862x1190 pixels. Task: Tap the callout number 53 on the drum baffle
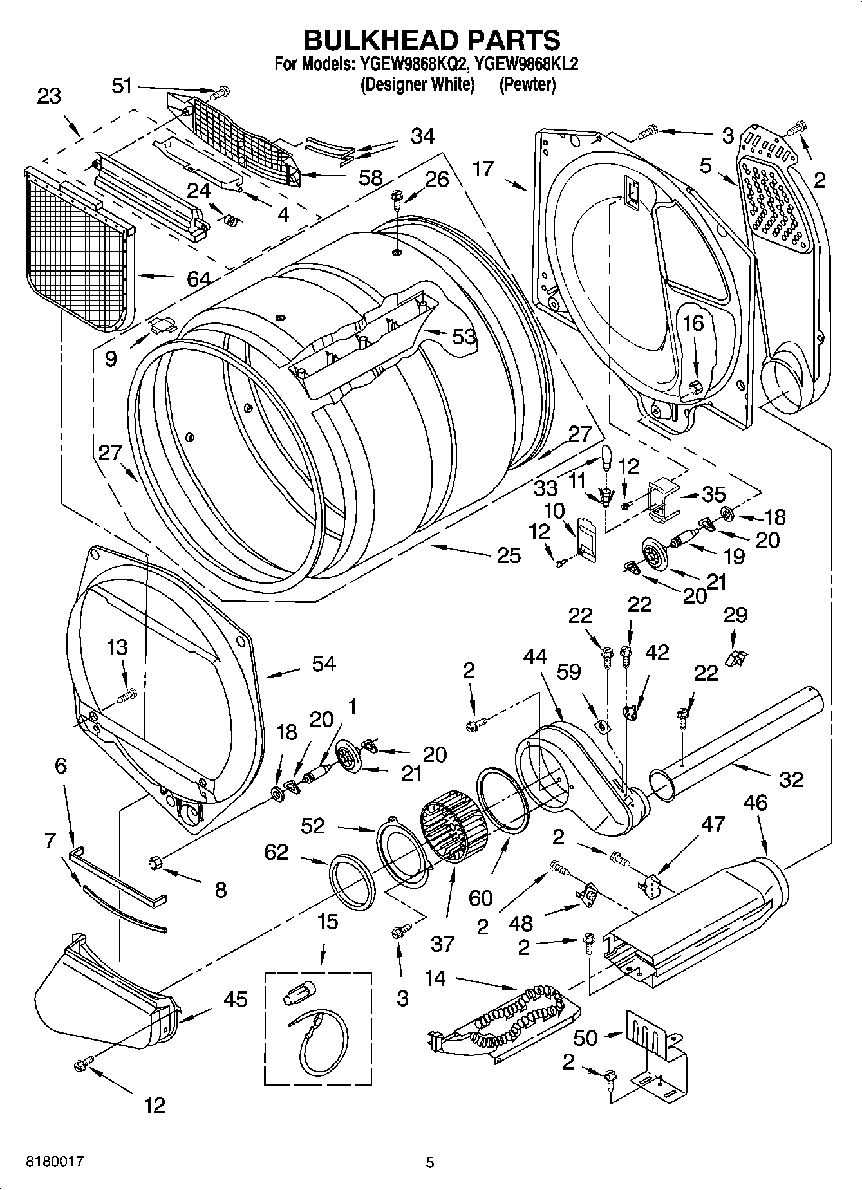pos(464,336)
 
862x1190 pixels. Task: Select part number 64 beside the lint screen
pos(198,279)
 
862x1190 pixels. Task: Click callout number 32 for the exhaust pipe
pos(791,779)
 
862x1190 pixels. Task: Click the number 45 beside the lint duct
pos(235,999)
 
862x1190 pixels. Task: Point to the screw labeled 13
pos(128,694)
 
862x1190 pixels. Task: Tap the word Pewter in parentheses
pos(527,84)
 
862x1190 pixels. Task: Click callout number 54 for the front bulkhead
pos(323,664)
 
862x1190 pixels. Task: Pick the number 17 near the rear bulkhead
pos(483,169)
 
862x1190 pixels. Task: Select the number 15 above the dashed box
pos(327,922)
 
